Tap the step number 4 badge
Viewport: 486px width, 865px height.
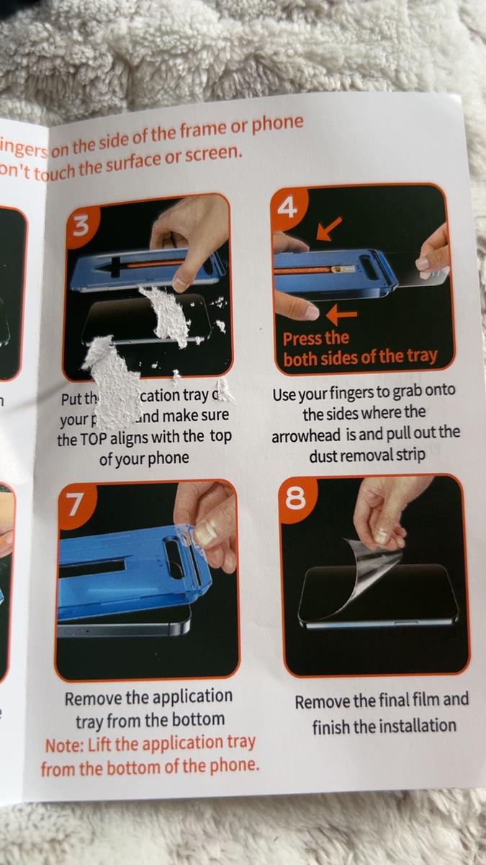tap(288, 209)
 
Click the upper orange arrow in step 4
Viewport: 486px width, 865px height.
tap(328, 229)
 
